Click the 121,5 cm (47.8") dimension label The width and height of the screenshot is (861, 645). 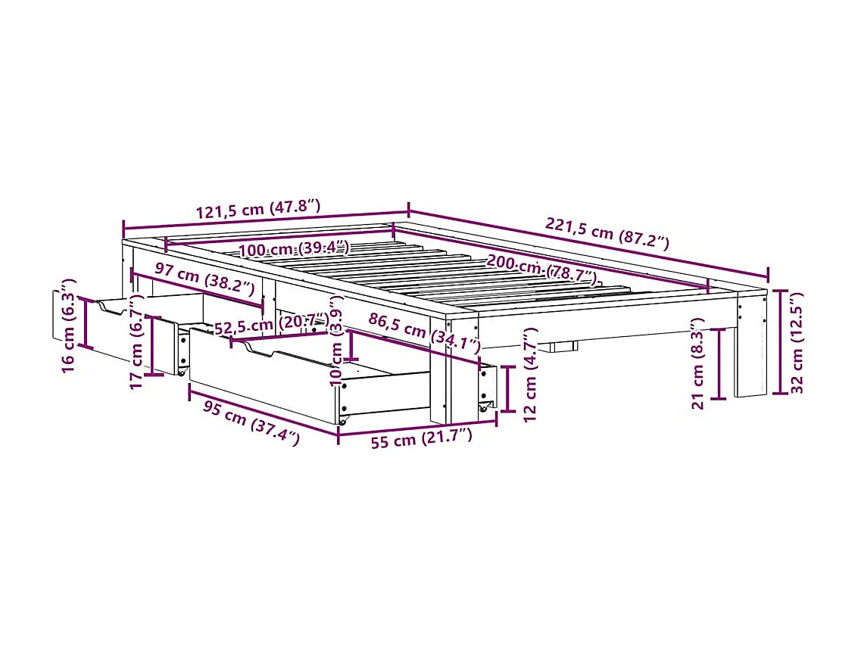(x=259, y=208)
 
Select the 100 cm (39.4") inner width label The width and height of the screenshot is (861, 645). (x=294, y=249)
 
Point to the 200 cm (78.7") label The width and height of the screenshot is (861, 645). (x=540, y=268)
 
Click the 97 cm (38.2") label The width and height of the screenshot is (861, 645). (x=202, y=278)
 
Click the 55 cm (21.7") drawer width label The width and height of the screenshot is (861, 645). (x=415, y=438)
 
